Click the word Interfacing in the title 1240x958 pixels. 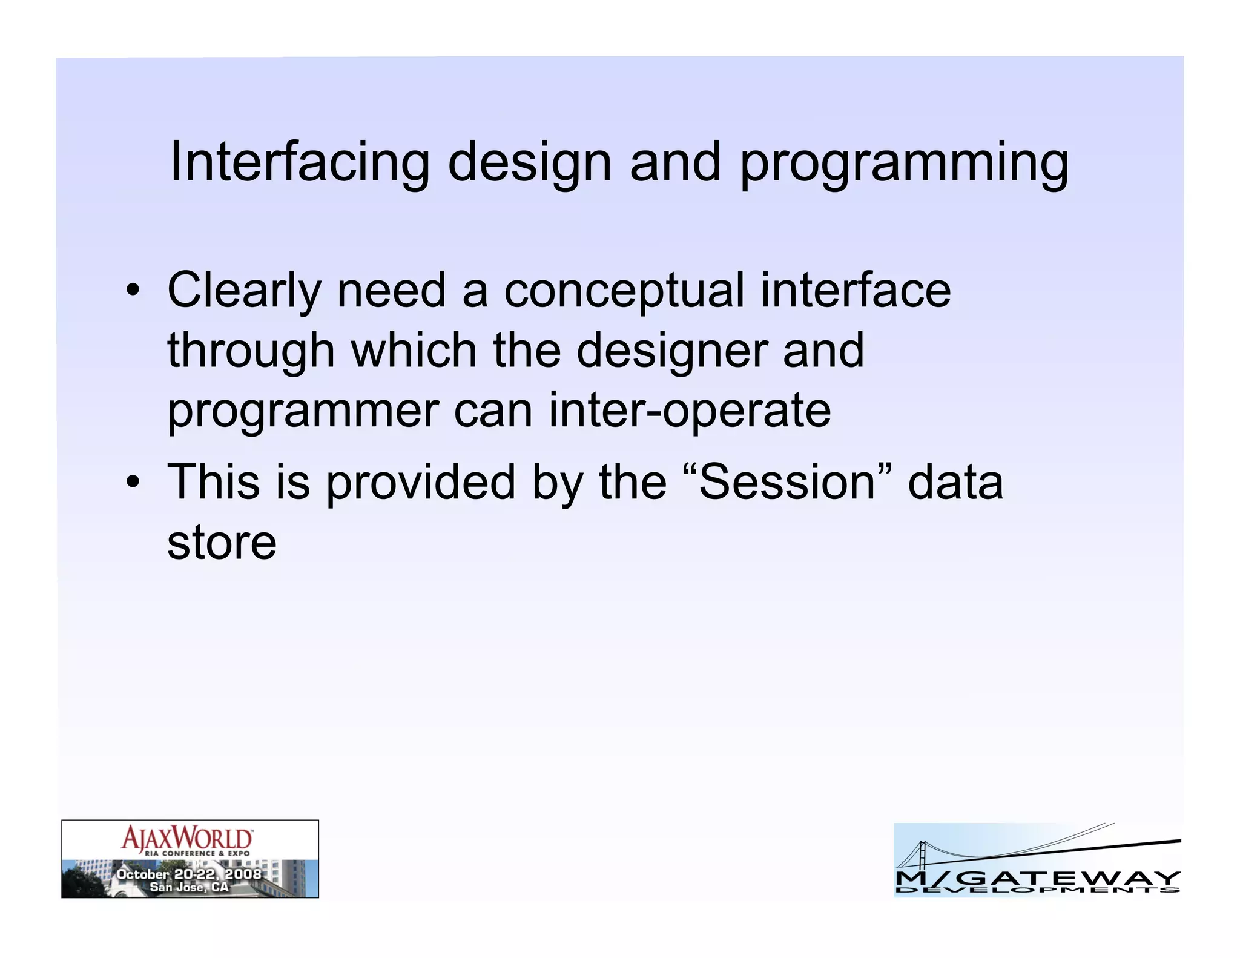[x=299, y=162]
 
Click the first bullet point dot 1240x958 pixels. [x=133, y=290]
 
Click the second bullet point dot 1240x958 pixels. [x=133, y=483]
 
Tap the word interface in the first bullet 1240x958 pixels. [x=856, y=291]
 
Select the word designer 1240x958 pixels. [x=671, y=351]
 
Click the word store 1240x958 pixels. [x=222, y=543]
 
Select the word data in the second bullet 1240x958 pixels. [x=955, y=483]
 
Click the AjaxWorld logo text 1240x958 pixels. [x=187, y=839]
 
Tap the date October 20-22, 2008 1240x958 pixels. [x=188, y=874]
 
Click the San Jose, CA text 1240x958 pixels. [x=189, y=887]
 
